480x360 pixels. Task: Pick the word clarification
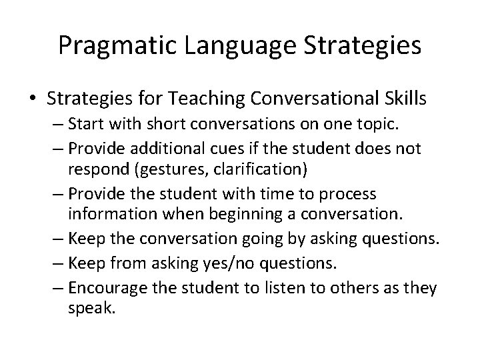[x=258, y=169]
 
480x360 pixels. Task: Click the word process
[x=351, y=194]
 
